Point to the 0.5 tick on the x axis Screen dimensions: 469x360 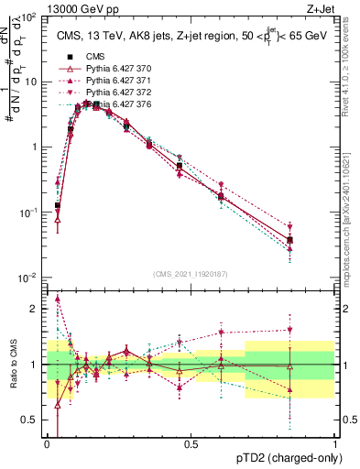pos(191,444)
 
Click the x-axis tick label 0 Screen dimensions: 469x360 pos(47,444)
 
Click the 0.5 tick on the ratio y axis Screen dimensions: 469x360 pos(30,420)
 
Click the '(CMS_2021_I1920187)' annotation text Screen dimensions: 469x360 pos(190,273)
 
